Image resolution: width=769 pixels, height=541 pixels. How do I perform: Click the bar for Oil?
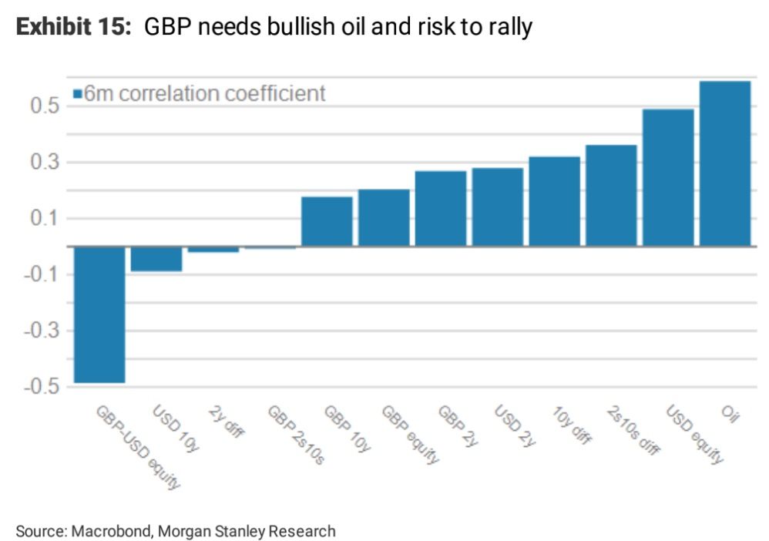pos(725,163)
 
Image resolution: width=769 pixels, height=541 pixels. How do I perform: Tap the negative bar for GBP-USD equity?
pos(99,314)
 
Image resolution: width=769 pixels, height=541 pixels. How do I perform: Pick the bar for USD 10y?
pos(156,259)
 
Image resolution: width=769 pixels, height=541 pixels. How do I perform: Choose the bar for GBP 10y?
pos(327,222)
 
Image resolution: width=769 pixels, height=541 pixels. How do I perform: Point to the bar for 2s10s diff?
pos(611,196)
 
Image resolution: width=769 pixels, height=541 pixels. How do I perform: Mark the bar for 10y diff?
pos(554,202)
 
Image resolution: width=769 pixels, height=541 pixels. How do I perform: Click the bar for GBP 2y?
pos(441,209)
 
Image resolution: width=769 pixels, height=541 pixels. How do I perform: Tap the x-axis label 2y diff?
pos(227,422)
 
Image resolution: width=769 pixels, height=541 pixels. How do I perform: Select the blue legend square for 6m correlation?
pos(77,94)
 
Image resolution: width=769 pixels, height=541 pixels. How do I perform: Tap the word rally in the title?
pos(509,28)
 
